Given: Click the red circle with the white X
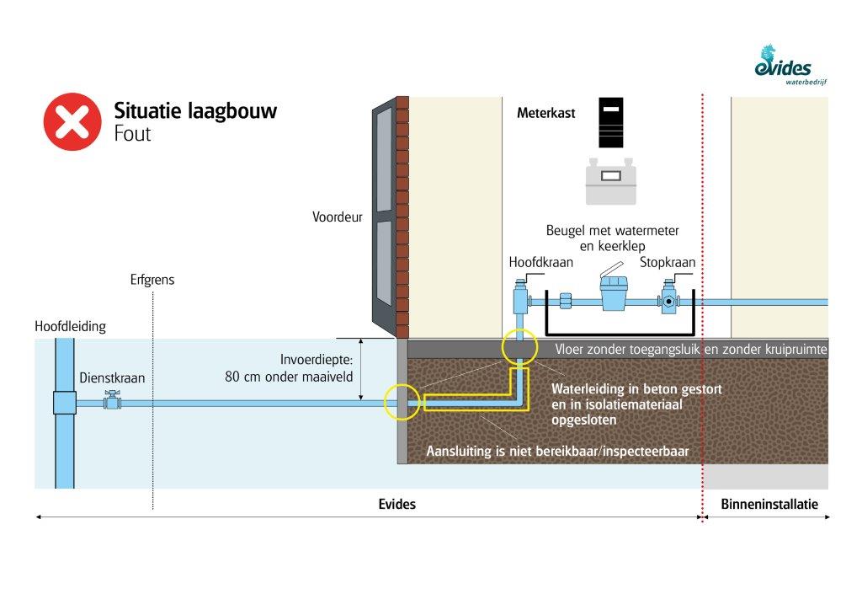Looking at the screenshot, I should coord(72,121).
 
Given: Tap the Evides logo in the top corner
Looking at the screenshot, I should coord(784,64).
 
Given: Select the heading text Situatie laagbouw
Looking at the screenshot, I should coord(195,111).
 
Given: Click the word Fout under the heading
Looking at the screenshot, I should coord(132,133).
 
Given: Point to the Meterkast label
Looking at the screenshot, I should coord(545,112).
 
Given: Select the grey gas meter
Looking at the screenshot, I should coord(615,180).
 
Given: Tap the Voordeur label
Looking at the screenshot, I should coord(337,217).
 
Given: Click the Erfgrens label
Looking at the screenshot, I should coord(152,280).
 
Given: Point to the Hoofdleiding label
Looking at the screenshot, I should coord(64,326).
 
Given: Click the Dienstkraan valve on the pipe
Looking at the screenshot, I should coord(110,402).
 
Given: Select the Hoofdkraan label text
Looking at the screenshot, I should coord(540,262).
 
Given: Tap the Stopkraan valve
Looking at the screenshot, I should coord(670,299).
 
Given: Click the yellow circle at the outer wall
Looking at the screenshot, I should coord(401,402).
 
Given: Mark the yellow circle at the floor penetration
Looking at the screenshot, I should coord(519,346).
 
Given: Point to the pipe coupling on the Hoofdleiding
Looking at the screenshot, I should coord(64,402).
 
